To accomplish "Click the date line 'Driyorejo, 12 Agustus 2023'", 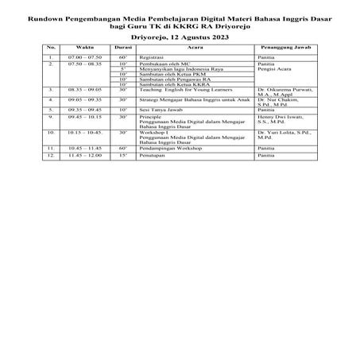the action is point(180,37).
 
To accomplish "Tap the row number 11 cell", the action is point(50,149).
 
